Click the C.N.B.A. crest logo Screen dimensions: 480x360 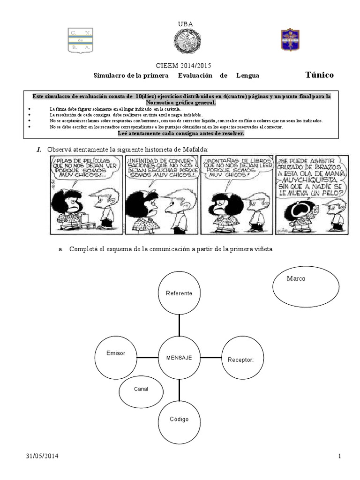point(82,41)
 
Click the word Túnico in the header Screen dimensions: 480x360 point(319,75)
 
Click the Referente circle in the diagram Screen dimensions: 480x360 point(179,293)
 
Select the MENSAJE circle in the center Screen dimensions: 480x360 point(179,357)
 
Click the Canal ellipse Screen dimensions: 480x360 point(141,389)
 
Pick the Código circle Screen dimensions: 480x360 point(179,419)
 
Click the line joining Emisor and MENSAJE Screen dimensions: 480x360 point(147,357)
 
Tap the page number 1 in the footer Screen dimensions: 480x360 point(338,456)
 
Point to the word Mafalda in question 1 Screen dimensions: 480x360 point(194,149)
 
